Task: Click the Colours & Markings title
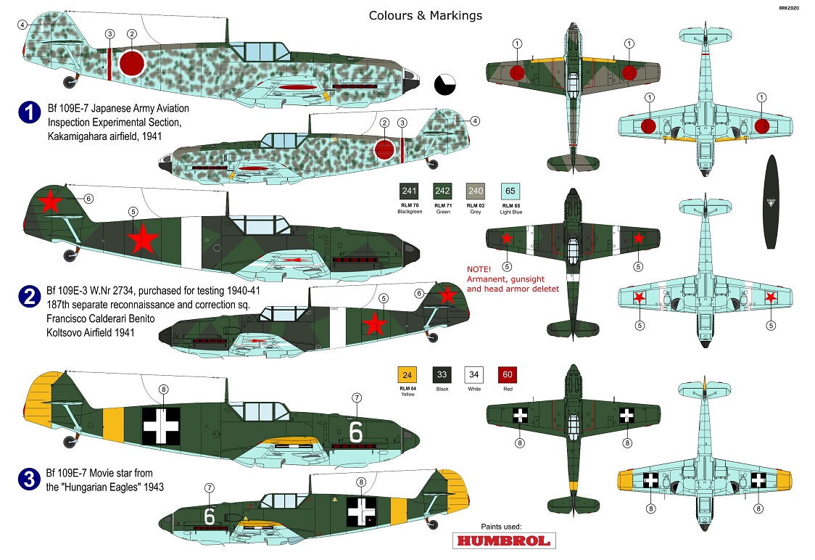click(425, 15)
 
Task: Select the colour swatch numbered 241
click(410, 192)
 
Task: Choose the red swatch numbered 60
click(507, 375)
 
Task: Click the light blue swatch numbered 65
click(510, 192)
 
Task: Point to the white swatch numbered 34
click(474, 375)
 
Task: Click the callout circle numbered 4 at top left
click(22, 24)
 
